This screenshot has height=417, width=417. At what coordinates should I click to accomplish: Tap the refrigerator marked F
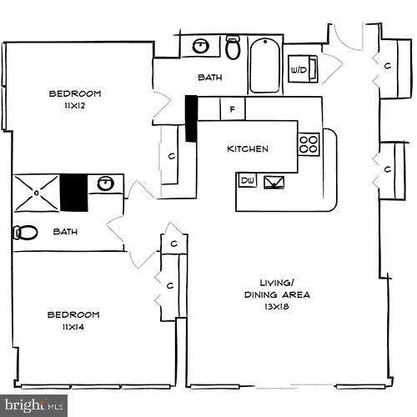(x=232, y=108)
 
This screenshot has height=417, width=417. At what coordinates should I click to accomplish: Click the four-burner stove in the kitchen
(x=309, y=145)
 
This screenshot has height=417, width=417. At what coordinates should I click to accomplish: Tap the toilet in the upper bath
(x=233, y=48)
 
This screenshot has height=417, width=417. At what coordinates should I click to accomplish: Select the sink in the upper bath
(x=200, y=46)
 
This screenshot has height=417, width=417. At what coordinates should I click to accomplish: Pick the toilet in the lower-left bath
(x=25, y=233)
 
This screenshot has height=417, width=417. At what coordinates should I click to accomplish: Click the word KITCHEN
(x=248, y=149)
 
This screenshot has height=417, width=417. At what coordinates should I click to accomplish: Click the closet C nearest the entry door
(x=388, y=65)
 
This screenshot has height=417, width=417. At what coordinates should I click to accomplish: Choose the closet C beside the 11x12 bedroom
(x=170, y=156)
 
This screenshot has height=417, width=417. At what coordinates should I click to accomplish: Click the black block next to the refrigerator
(x=190, y=118)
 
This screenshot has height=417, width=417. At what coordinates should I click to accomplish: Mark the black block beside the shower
(x=73, y=193)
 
